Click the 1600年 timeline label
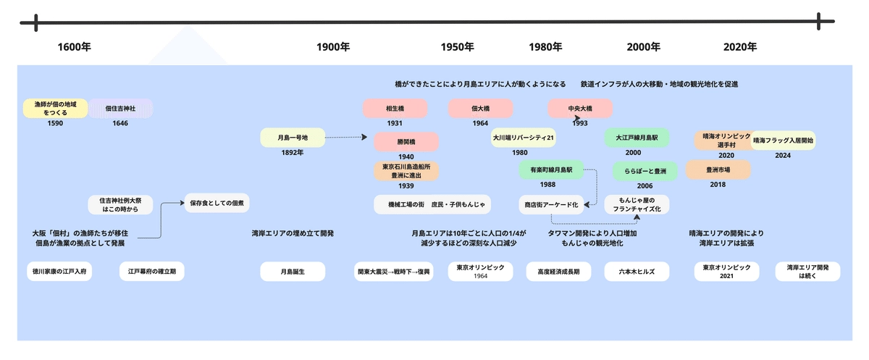(x=75, y=47)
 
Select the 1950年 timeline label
(x=457, y=47)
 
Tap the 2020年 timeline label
(x=740, y=47)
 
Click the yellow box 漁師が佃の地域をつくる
(x=55, y=109)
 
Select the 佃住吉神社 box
(x=120, y=109)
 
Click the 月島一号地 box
(x=293, y=137)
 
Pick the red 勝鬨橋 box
(x=406, y=141)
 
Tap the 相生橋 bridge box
(x=395, y=109)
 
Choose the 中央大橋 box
(x=579, y=109)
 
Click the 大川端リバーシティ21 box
(x=524, y=137)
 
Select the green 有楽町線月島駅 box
(x=551, y=169)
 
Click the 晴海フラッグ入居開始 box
(x=783, y=140)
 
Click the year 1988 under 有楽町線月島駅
(x=547, y=185)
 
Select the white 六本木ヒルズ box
(x=637, y=272)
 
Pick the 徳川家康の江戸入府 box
(x=59, y=272)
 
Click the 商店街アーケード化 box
(x=551, y=205)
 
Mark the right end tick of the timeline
(x=819, y=22)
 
